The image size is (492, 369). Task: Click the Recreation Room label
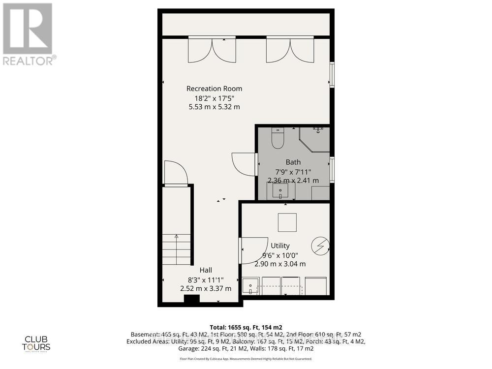tap(214, 89)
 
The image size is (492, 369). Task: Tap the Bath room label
tap(293, 162)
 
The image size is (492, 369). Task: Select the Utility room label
tap(280, 246)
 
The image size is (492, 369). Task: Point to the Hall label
tap(206, 270)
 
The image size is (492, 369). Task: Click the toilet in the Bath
tap(277, 137)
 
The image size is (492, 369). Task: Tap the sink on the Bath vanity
tap(281, 191)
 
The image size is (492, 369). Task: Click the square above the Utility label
tap(287, 222)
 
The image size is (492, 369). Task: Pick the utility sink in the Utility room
tap(252, 286)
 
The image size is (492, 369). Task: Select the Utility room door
tap(252, 250)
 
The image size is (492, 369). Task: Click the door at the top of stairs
tap(176, 173)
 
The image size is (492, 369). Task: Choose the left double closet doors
tap(212, 50)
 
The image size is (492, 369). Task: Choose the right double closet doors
tap(290, 50)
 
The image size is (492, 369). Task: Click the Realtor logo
tap(29, 34)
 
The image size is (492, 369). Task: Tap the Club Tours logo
tap(38, 343)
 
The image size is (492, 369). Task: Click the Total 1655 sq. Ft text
tap(245, 327)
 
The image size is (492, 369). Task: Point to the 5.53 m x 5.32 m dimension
tap(214, 107)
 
